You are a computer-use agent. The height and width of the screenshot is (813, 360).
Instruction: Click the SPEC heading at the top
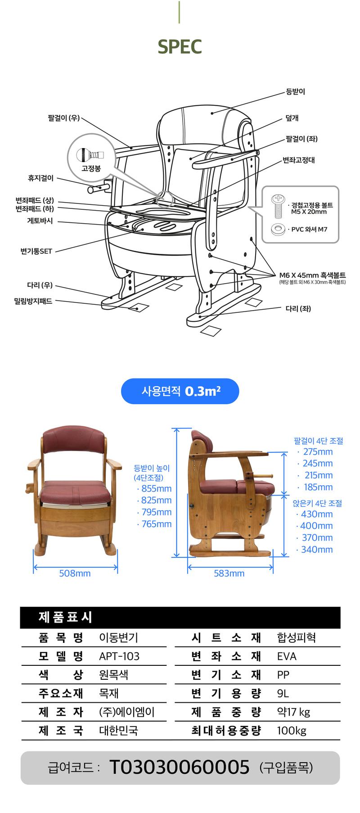click(180, 46)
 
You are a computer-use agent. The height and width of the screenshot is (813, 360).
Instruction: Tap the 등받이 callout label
click(295, 91)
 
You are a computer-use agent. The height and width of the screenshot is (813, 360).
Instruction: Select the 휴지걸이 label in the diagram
click(40, 178)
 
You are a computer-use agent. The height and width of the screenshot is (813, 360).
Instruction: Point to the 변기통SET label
click(36, 251)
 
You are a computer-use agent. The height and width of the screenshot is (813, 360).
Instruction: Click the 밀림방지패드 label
click(33, 301)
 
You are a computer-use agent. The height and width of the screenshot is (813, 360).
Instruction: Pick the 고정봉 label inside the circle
click(91, 169)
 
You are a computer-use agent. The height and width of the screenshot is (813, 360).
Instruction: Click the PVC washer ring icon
click(278, 229)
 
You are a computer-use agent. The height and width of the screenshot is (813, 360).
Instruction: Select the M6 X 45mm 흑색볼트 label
click(312, 275)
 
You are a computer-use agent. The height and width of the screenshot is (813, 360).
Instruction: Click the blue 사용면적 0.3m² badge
click(180, 391)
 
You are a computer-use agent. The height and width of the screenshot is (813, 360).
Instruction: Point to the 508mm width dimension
click(75, 573)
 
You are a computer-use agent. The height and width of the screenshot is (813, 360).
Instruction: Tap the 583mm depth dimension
click(229, 573)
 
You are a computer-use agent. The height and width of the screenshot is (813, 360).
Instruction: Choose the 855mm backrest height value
click(156, 488)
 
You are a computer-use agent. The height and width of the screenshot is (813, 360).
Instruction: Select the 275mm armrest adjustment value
click(318, 452)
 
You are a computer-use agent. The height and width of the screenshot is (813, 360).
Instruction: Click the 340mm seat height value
click(317, 549)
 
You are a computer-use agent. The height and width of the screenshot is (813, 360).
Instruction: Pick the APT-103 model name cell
click(119, 656)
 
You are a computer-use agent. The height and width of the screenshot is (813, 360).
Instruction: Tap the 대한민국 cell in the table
click(118, 730)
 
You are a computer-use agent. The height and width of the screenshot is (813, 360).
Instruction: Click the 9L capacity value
click(283, 693)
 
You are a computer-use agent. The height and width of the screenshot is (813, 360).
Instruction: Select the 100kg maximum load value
click(292, 730)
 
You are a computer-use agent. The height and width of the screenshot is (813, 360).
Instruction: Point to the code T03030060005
click(179, 767)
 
